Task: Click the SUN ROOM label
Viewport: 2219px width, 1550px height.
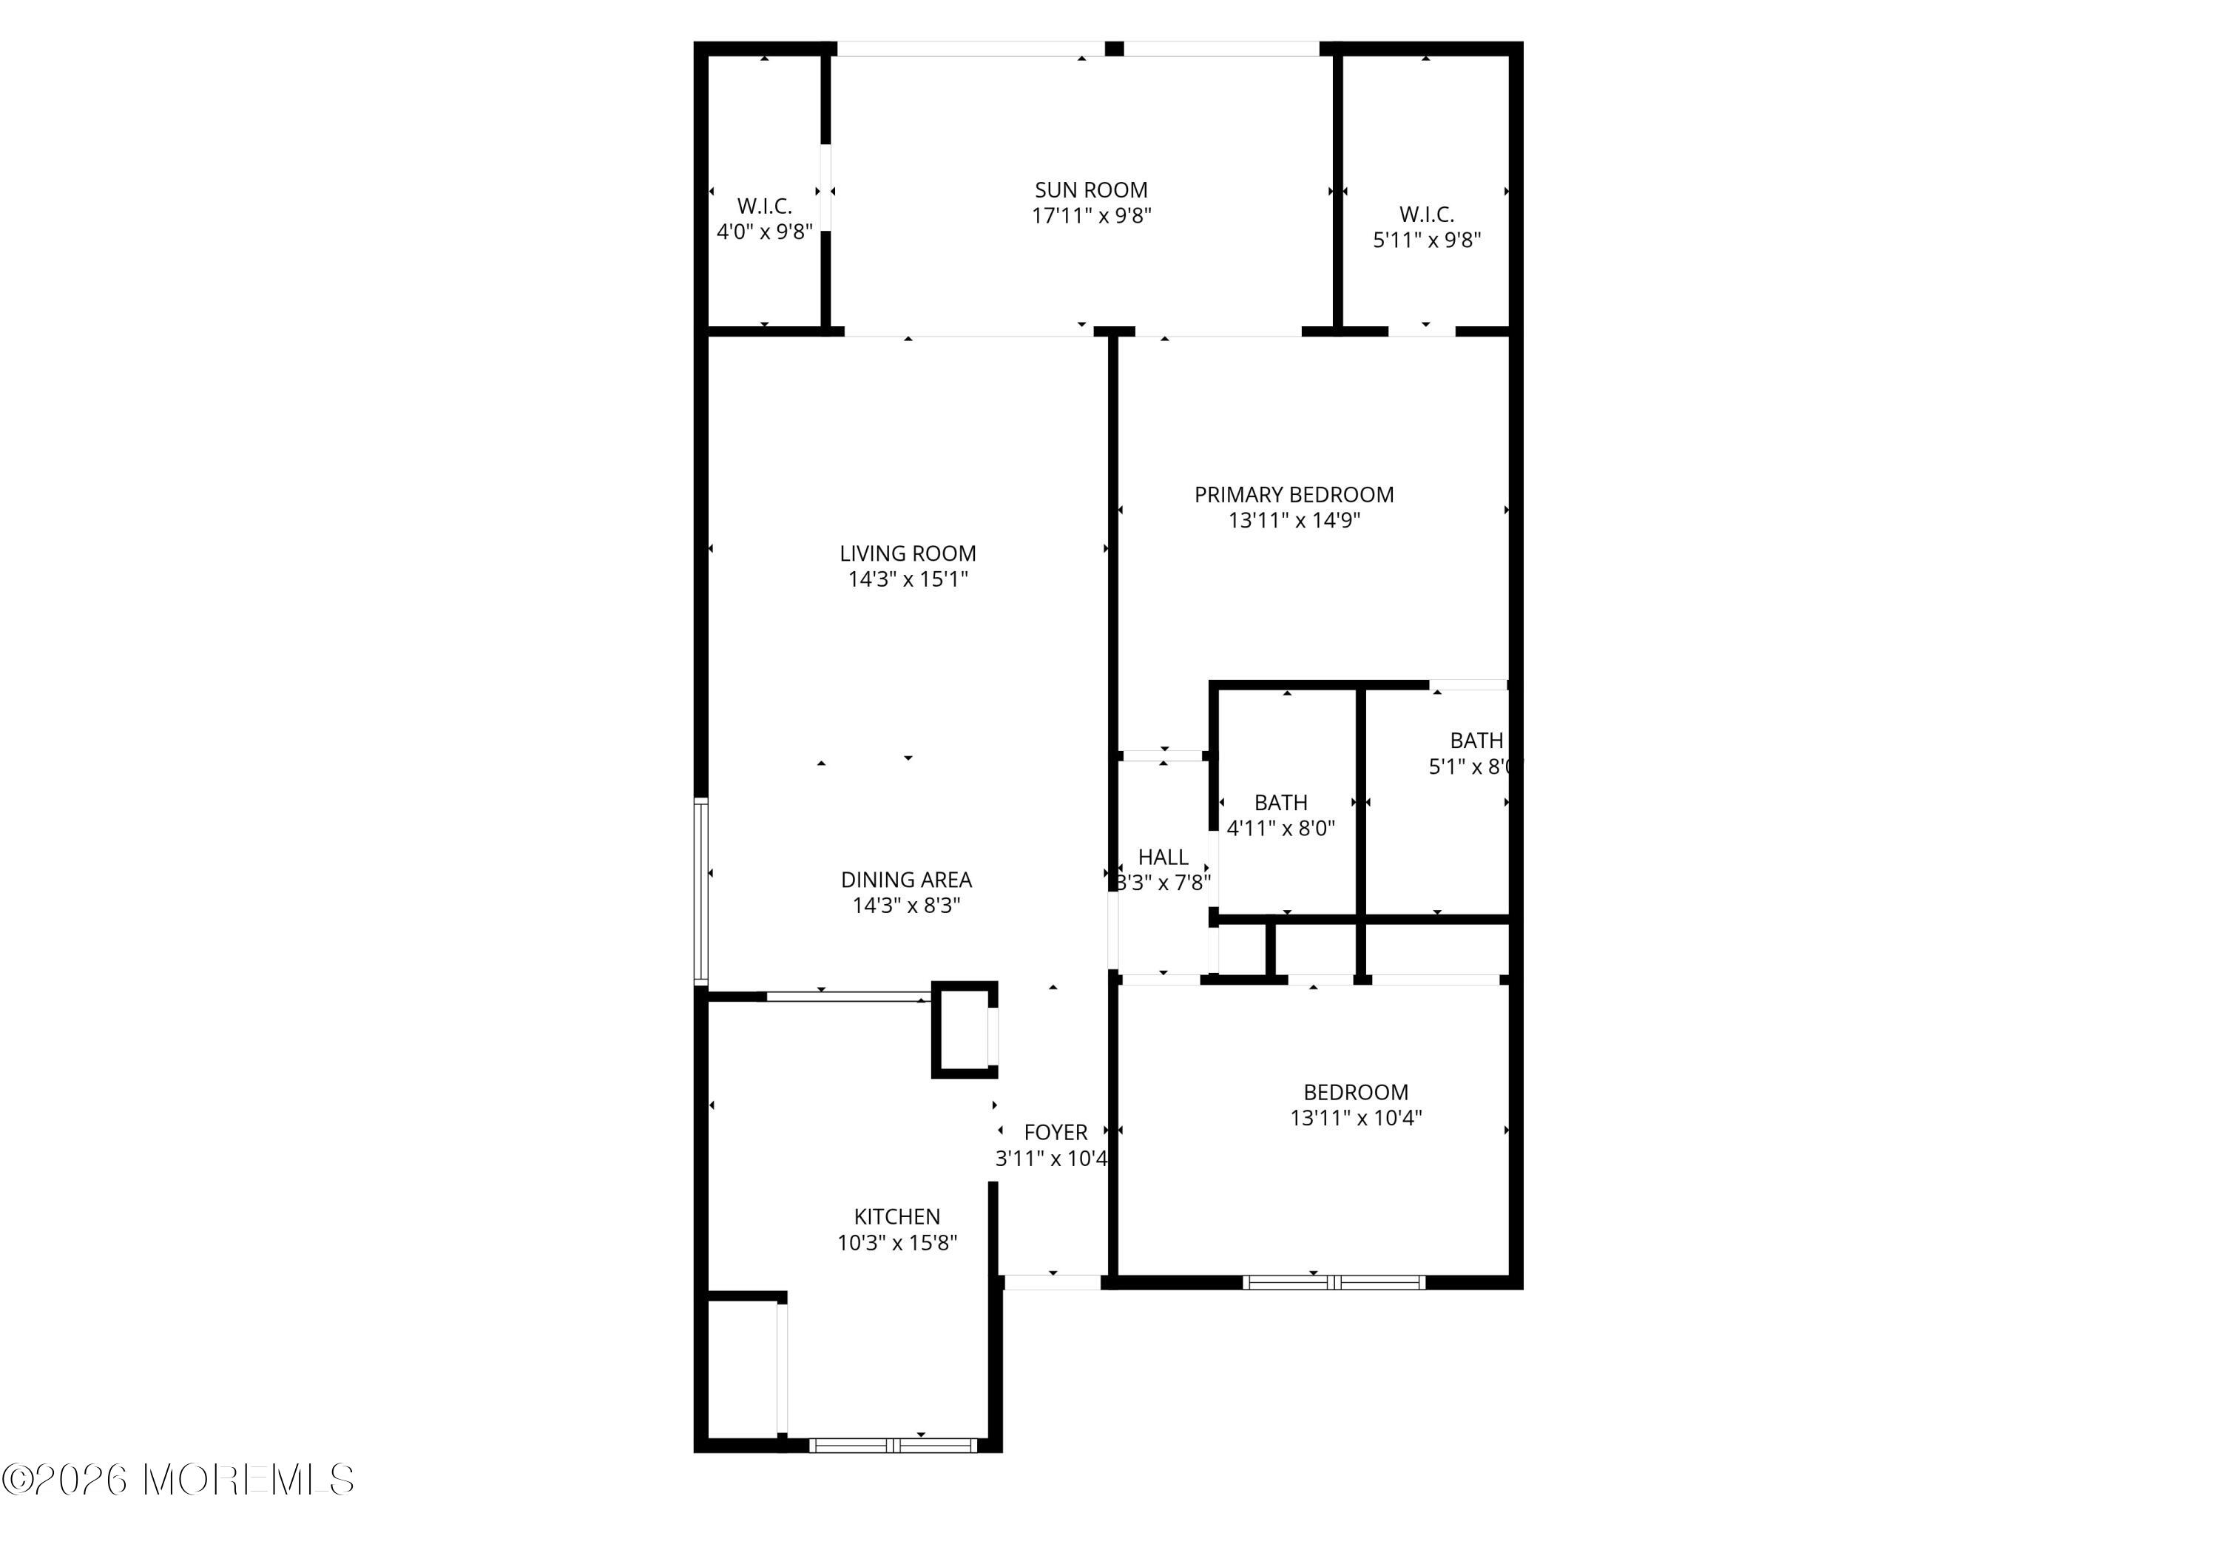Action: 1090,190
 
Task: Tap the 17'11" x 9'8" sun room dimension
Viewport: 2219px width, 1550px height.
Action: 1090,215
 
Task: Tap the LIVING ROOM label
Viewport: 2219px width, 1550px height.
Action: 907,554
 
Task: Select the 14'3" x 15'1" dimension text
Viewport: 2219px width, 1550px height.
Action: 907,579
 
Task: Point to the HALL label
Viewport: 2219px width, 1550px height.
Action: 1162,857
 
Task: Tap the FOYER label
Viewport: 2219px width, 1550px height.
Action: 1055,1132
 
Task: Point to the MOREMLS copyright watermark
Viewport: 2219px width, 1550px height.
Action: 179,1480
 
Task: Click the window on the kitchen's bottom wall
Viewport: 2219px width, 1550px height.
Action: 892,1446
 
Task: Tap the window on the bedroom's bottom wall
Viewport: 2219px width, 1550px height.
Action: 1333,1282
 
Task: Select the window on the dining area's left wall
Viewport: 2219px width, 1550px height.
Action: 702,892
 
